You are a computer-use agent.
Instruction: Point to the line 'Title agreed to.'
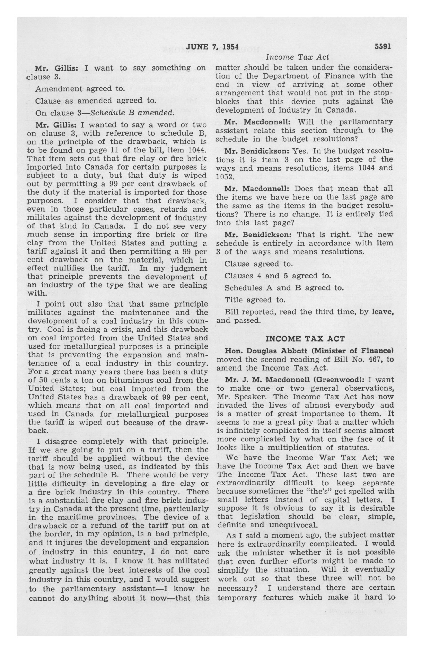click(x=255, y=300)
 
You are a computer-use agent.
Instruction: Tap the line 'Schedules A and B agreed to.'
click(x=284, y=288)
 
